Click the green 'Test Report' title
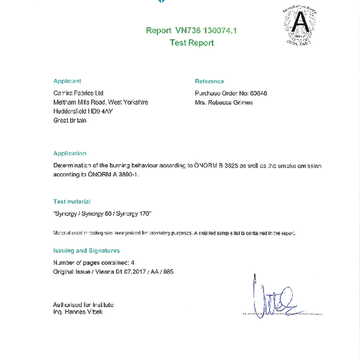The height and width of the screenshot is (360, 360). pos(191,43)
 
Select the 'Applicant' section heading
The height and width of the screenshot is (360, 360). pos(67,81)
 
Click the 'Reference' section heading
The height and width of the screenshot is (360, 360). pos(209,81)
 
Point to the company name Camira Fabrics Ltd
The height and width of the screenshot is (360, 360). pos(79,93)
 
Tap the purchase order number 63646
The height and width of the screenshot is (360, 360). pos(258,93)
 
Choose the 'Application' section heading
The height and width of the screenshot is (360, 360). pos(70,154)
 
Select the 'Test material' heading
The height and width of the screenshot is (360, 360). pos(72,202)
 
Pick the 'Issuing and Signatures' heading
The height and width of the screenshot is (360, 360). pos(86,250)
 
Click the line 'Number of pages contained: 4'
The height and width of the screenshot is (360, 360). pos(94,263)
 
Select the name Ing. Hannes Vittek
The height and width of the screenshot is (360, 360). pos(78,312)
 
